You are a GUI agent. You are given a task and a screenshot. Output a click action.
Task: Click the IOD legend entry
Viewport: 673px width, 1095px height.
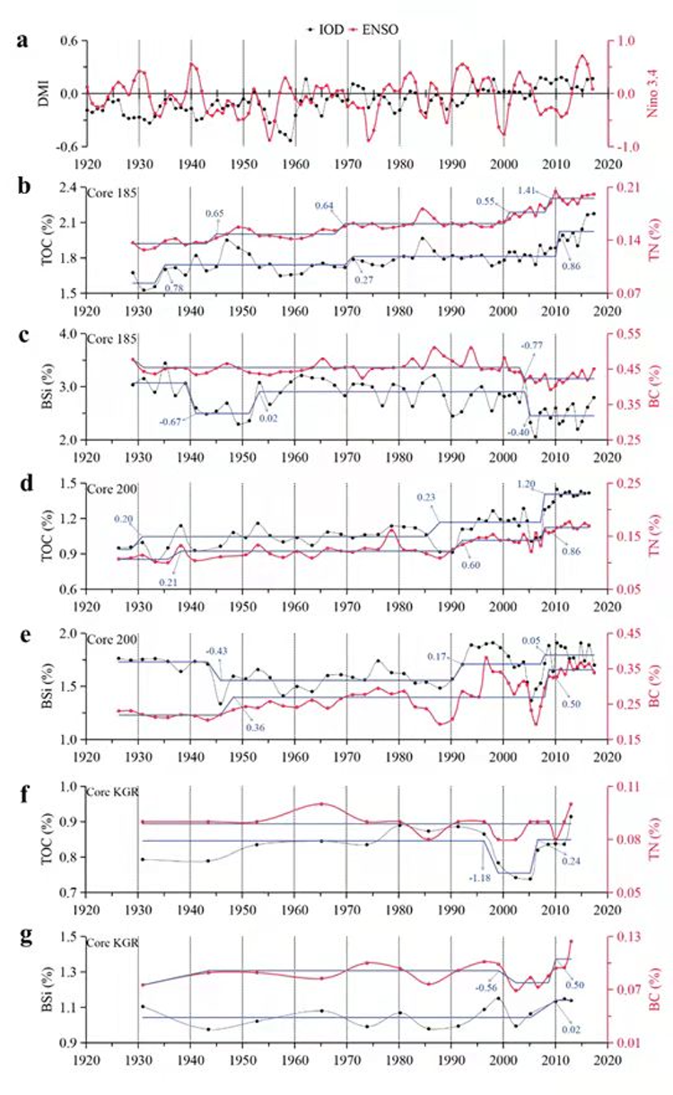tap(321, 29)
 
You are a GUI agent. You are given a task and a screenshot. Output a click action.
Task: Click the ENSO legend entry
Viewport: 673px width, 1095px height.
tap(374, 29)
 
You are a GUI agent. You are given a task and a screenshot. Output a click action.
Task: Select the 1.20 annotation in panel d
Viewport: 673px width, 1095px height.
tap(528, 484)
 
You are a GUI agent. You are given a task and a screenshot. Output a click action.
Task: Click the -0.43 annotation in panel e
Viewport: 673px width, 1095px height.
tap(215, 651)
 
